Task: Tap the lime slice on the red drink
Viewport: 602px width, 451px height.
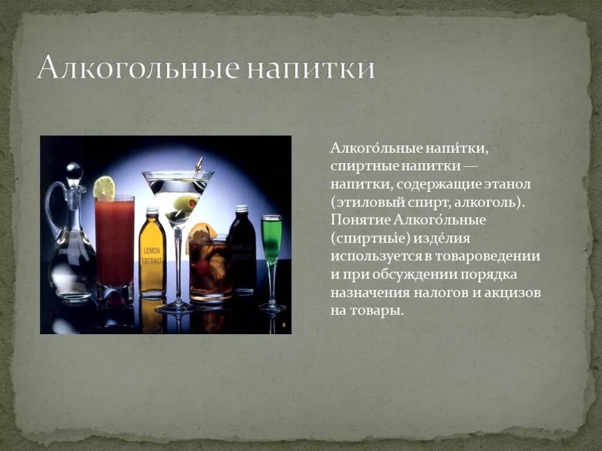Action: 104,188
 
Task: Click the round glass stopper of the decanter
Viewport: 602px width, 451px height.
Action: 74,172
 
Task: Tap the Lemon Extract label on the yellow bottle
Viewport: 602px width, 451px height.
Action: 152,255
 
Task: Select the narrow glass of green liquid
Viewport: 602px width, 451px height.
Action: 272,241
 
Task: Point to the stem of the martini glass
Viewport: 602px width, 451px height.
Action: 178,264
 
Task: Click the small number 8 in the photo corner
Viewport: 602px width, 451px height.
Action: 284,325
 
